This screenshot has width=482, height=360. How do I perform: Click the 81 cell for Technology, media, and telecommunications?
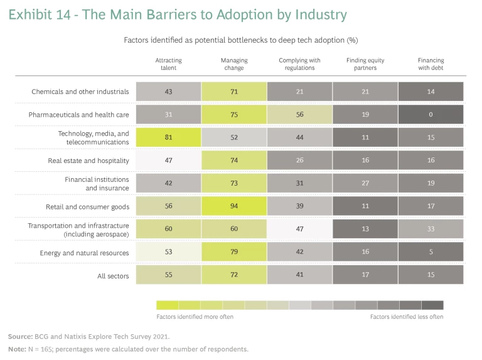tap(168, 137)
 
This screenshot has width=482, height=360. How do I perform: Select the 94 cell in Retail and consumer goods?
tap(234, 206)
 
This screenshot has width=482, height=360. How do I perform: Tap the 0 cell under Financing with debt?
tap(431, 115)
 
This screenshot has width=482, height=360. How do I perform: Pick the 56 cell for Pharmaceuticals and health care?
tap(299, 115)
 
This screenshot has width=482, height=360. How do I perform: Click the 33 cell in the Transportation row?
tap(431, 229)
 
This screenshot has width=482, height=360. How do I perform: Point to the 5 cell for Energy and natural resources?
tap(431, 252)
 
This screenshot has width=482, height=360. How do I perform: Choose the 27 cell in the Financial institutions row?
tap(365, 183)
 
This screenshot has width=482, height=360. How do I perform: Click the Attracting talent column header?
tap(168, 64)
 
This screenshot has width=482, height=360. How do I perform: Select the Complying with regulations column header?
tap(299, 64)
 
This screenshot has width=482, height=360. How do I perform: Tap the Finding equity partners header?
tap(365, 64)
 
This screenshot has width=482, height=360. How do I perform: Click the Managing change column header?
tap(234, 64)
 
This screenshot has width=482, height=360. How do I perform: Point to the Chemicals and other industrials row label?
tap(80, 92)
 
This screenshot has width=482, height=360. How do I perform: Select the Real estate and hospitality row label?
tap(88, 161)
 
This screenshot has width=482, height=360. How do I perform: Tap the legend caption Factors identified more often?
tap(195, 317)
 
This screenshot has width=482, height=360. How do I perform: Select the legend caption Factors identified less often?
tap(406, 317)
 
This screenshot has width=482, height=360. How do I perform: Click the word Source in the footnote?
tap(20, 337)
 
